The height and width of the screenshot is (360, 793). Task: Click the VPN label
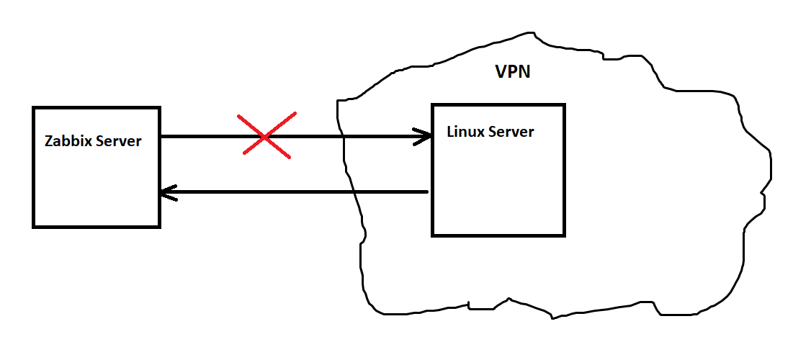[513, 72]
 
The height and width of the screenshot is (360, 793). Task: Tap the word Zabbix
[68, 141]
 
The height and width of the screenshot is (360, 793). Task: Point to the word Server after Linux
[512, 132]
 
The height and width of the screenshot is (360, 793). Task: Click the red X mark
[267, 135]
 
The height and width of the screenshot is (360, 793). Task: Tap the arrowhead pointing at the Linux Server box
[423, 136]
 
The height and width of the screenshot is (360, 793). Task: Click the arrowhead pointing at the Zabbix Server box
[167, 192]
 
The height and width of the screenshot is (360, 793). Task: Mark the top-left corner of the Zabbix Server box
[34, 108]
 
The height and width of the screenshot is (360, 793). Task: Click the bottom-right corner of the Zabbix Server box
[158, 227]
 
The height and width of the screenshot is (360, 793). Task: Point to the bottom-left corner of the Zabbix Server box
[34, 227]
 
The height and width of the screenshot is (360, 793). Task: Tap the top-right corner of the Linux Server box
[564, 105]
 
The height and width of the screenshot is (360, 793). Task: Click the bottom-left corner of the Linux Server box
[433, 235]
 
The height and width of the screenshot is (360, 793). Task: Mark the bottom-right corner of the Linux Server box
[564, 235]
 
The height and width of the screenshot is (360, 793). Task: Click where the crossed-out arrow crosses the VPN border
[342, 136]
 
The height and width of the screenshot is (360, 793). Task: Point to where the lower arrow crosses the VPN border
[354, 192]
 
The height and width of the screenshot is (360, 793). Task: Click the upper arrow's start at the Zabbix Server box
[161, 136]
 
